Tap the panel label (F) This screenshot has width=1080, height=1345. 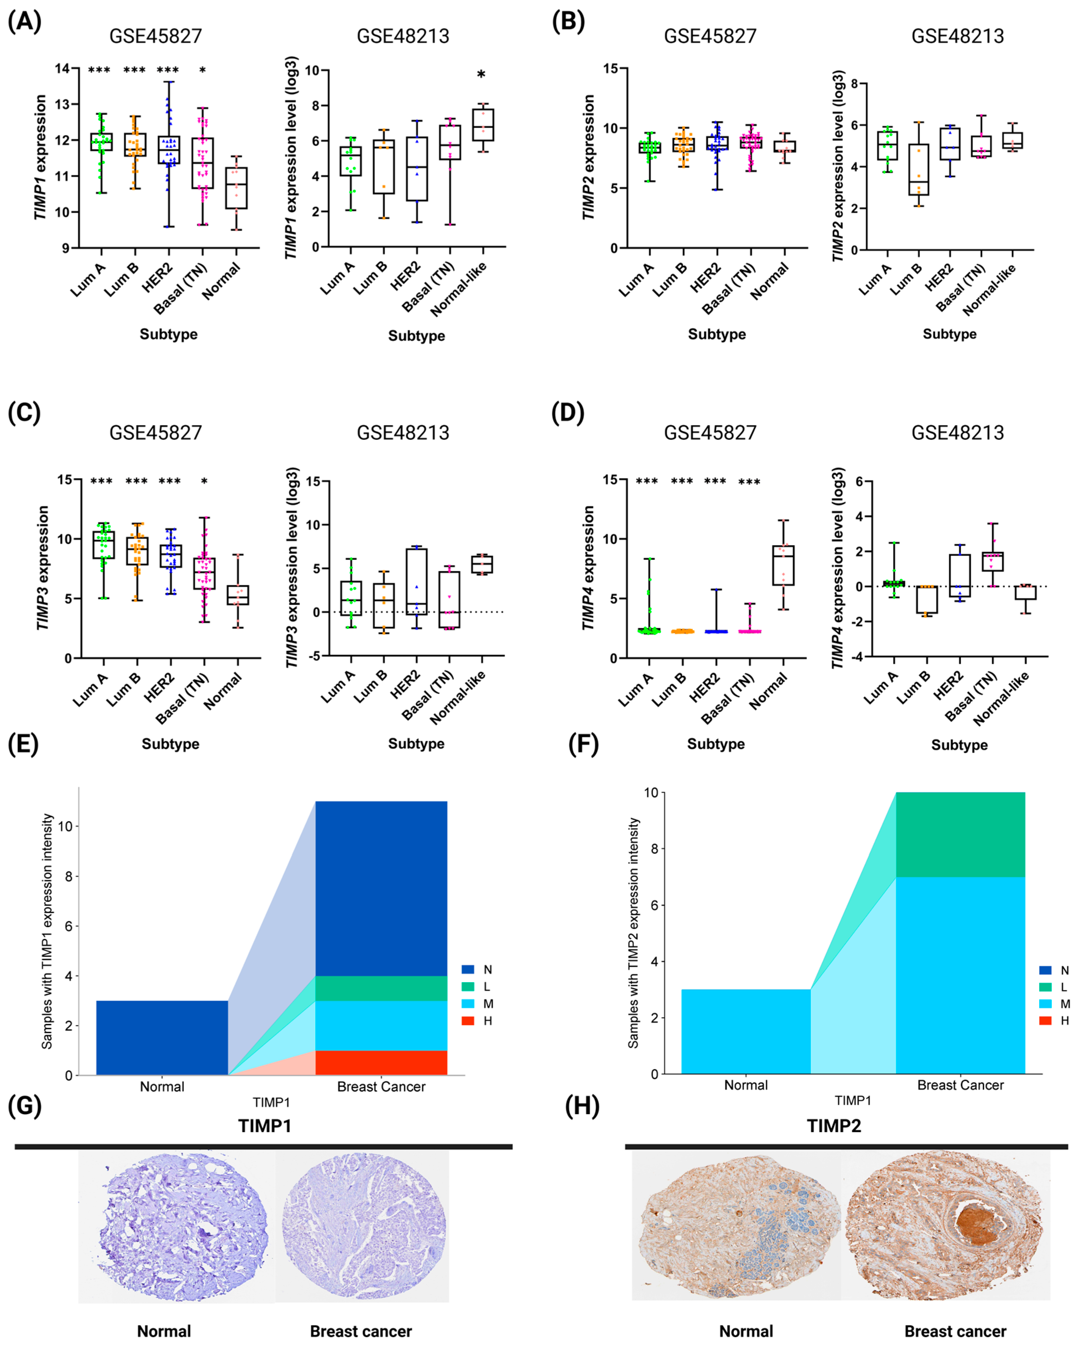(x=583, y=744)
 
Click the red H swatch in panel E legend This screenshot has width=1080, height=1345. (x=468, y=1021)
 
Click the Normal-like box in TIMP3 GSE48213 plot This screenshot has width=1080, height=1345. (x=482, y=564)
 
